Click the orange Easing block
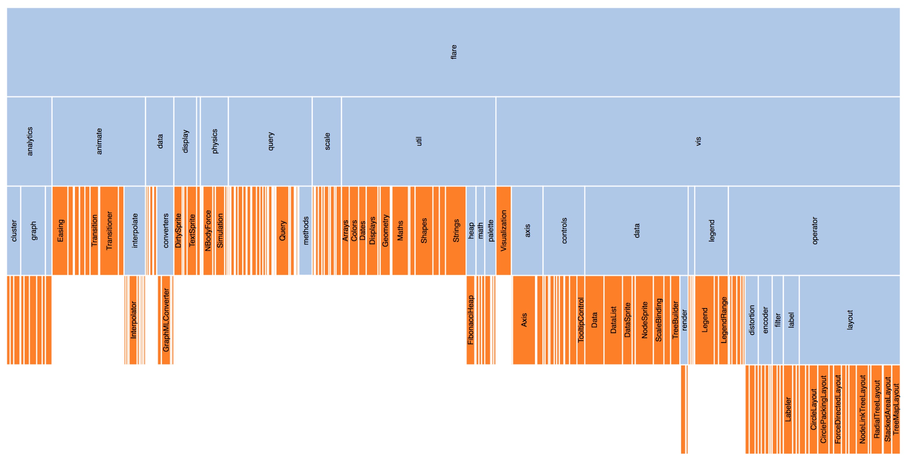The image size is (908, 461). (60, 231)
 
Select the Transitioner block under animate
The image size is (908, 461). (109, 231)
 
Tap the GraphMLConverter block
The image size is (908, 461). (166, 320)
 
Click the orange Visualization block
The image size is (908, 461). (503, 231)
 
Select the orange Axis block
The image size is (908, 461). (524, 320)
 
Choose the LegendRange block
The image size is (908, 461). (723, 320)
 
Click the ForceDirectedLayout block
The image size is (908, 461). (837, 409)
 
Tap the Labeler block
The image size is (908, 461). (788, 409)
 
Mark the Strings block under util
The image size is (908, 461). (456, 231)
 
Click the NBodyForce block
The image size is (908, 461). (208, 231)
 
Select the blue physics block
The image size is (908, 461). (214, 141)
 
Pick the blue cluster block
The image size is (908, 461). (14, 231)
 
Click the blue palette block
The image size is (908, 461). (490, 231)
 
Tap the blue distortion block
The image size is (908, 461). (751, 320)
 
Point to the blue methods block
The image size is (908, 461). (306, 231)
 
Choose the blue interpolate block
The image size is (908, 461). (135, 231)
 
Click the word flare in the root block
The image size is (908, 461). (454, 52)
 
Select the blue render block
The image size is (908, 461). (684, 320)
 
